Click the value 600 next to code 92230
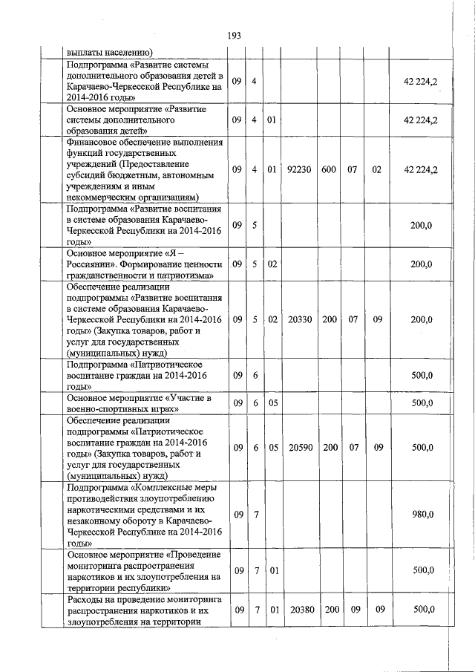tap(329, 169)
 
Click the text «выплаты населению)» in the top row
tap(109, 52)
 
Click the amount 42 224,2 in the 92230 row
tap(419, 169)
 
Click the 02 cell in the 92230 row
tap(376, 169)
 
